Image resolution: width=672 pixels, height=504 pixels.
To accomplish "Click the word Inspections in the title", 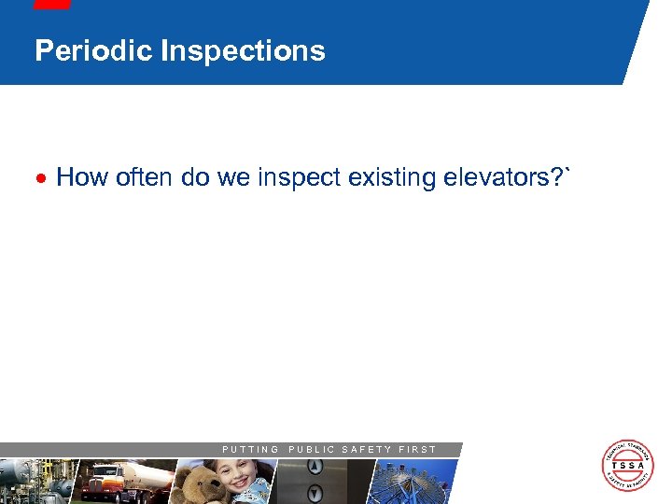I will (243, 50).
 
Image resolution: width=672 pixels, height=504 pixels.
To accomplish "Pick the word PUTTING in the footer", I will (250, 449).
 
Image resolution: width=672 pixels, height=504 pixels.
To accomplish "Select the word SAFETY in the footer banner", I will (367, 449).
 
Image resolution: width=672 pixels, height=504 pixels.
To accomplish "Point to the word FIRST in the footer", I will (417, 449).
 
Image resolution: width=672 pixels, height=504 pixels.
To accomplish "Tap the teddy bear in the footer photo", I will (197, 483).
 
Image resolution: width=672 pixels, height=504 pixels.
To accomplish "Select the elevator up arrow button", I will (315, 469).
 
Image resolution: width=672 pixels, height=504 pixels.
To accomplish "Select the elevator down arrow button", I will (315, 493).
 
